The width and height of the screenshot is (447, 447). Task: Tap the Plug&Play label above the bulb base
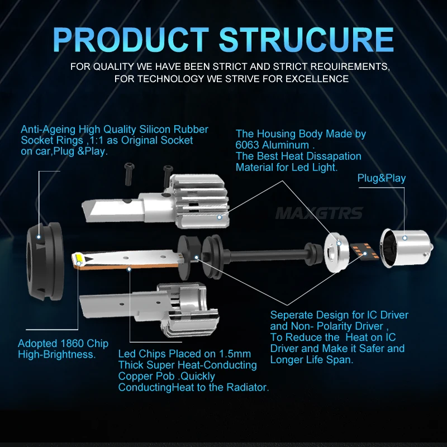(382, 178)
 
